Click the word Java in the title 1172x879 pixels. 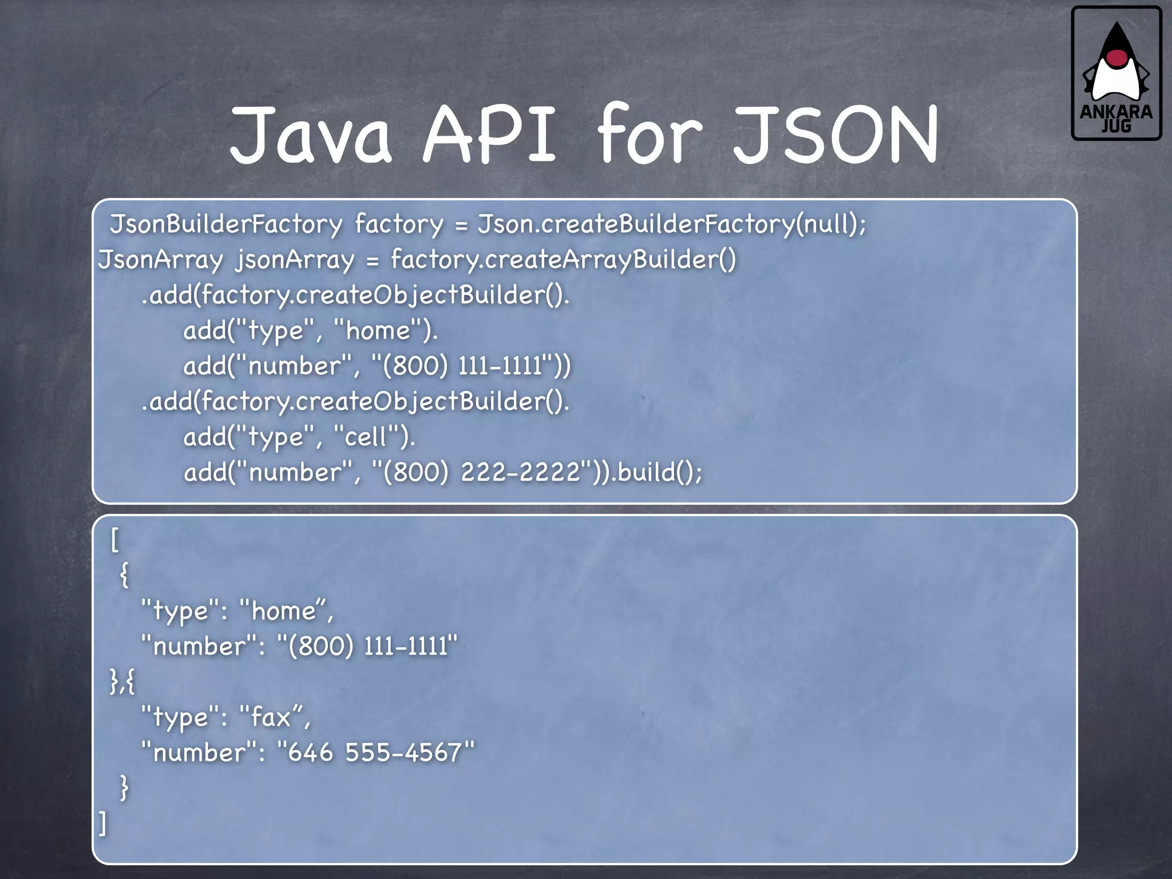[x=311, y=135]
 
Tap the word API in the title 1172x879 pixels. [x=489, y=135]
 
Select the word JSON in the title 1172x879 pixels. [x=836, y=135]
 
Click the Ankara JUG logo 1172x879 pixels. [x=1116, y=73]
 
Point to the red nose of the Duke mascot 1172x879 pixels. [x=1116, y=57]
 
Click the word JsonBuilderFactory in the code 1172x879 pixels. [x=226, y=224]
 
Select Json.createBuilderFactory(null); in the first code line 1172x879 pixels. [x=672, y=224]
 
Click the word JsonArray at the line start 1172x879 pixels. [x=160, y=259]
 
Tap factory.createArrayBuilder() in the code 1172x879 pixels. [x=563, y=259]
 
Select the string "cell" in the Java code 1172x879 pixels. [x=367, y=437]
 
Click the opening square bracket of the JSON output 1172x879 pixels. [x=114, y=540]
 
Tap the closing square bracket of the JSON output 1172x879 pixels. [x=103, y=823]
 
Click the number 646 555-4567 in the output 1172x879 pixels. [x=375, y=753]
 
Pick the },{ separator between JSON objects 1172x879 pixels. [x=122, y=682]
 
